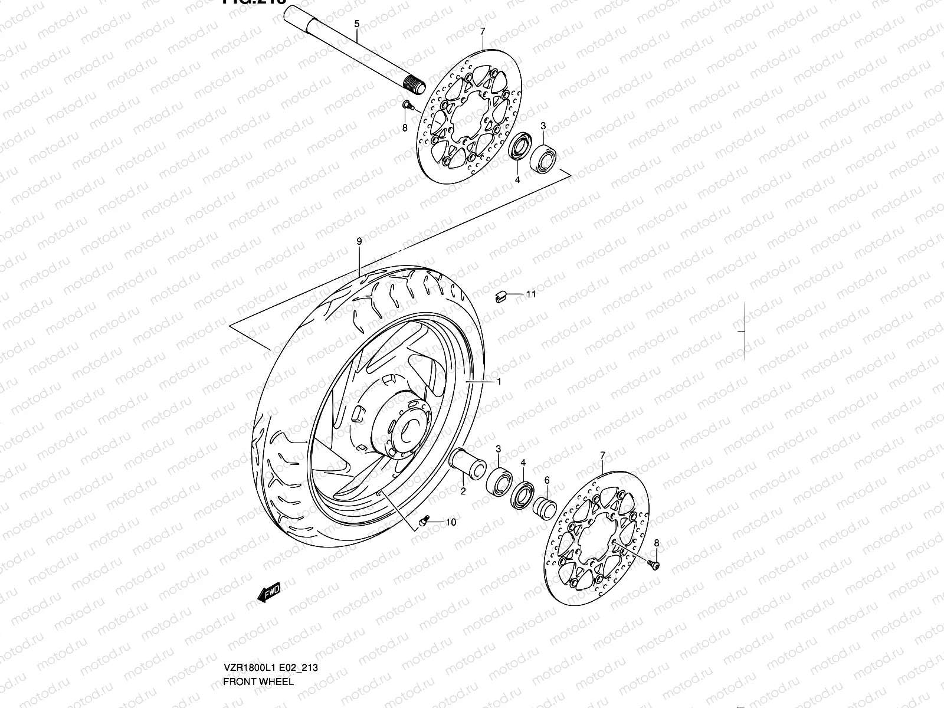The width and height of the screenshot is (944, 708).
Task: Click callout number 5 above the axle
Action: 356,24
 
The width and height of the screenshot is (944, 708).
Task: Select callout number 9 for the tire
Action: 359,241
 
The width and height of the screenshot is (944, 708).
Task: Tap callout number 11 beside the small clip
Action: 531,294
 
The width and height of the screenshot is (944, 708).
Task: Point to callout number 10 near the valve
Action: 451,522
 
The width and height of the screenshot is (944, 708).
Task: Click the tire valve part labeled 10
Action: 422,521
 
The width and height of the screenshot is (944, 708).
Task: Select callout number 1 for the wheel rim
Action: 499,382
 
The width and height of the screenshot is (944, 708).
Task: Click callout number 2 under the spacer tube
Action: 463,490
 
